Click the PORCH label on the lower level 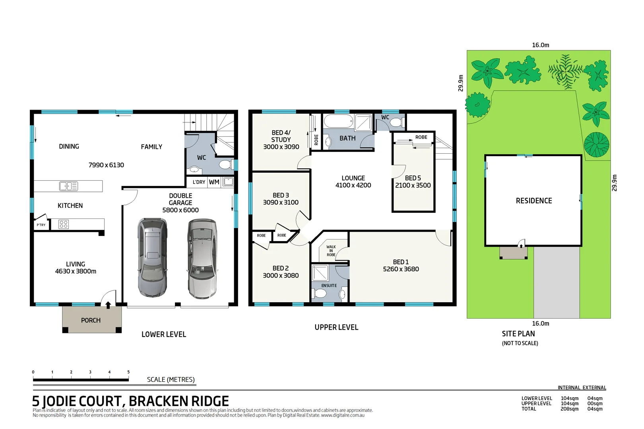pyautogui.click(x=91, y=320)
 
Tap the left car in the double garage pyautogui.click(x=152, y=257)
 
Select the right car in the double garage pyautogui.click(x=202, y=259)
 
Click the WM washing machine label pyautogui.click(x=214, y=182)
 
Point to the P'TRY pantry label pyautogui.click(x=41, y=225)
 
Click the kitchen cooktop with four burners pyautogui.click(x=64, y=224)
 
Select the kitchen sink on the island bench pyautogui.click(x=68, y=186)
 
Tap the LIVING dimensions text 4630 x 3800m pyautogui.click(x=76, y=271)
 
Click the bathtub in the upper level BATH pyautogui.click(x=338, y=121)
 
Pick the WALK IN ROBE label pyautogui.click(x=331, y=251)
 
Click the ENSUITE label pyautogui.click(x=329, y=286)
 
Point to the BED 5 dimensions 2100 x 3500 pyautogui.click(x=413, y=186)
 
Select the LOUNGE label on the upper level pyautogui.click(x=353, y=178)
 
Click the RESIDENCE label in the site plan pyautogui.click(x=533, y=201)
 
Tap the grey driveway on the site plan pyautogui.click(x=556, y=282)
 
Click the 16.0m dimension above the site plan pyautogui.click(x=540, y=45)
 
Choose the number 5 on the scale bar pyautogui.click(x=128, y=372)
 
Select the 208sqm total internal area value pyautogui.click(x=569, y=409)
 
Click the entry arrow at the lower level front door pyautogui.click(x=108, y=305)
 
